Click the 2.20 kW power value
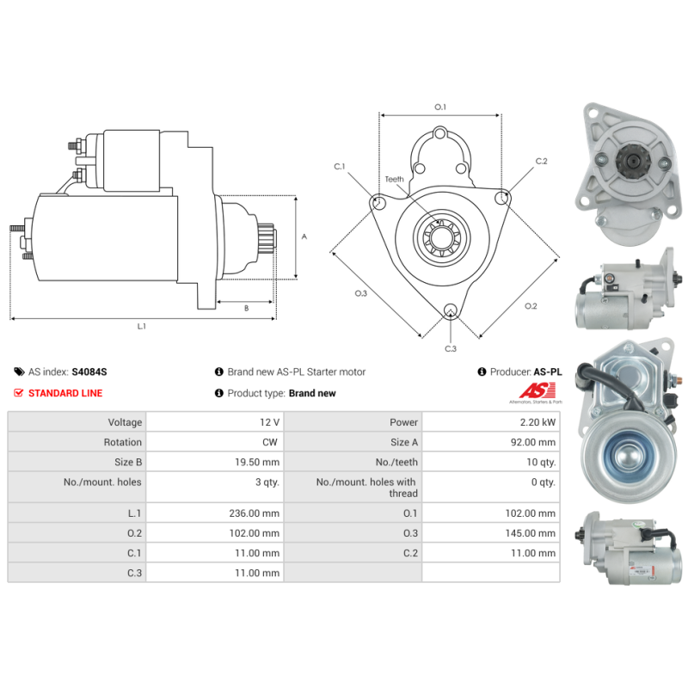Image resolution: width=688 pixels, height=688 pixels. click(537, 422)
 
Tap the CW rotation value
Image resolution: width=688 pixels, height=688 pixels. click(270, 442)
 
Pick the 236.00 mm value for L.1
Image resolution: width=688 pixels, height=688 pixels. click(258, 513)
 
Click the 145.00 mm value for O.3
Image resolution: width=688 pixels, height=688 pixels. click(533, 532)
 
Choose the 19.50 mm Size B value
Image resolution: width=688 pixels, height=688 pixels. click(259, 462)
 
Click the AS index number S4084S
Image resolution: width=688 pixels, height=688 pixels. click(89, 372)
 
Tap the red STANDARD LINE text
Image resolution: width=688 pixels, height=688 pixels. click(65, 393)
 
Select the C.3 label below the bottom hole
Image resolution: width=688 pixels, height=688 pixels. click(450, 348)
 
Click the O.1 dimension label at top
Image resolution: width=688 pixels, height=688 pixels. click(439, 107)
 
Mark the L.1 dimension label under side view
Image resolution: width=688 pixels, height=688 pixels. click(142, 326)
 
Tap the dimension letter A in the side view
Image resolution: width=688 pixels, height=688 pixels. click(304, 236)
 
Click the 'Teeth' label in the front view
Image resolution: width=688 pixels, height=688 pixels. click(394, 179)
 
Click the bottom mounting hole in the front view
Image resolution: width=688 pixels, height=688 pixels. click(450, 311)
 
